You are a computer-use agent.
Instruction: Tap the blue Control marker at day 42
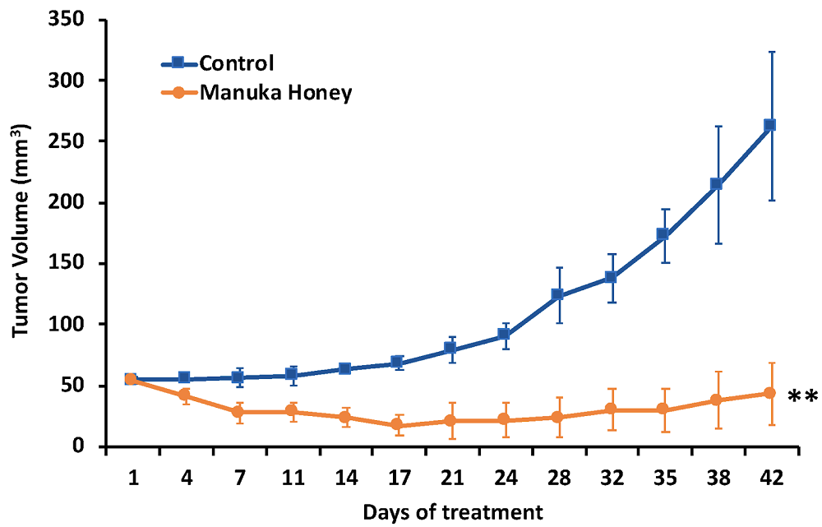point(769,125)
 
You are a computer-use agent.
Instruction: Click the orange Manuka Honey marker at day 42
point(769,393)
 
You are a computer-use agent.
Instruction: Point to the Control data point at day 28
point(556,294)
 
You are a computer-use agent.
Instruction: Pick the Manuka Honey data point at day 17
point(397,425)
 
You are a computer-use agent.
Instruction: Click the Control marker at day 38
point(716,184)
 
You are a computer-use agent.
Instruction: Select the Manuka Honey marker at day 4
point(184,395)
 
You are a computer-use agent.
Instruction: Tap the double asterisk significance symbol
point(802,398)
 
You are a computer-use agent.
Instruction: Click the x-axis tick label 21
point(450,477)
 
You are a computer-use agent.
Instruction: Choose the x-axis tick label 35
point(663,477)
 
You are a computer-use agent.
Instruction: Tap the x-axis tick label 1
point(131,477)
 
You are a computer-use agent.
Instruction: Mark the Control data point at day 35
point(663,234)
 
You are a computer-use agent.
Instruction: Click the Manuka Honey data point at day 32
point(610,409)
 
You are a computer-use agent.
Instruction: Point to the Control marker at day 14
point(344,368)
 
